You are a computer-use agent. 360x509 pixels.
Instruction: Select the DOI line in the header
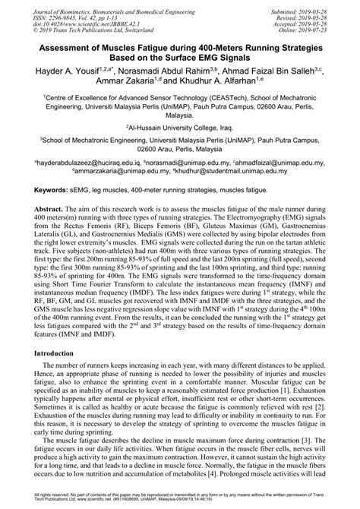[x=86, y=23]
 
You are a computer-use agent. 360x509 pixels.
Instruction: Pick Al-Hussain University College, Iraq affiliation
[x=179, y=129]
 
